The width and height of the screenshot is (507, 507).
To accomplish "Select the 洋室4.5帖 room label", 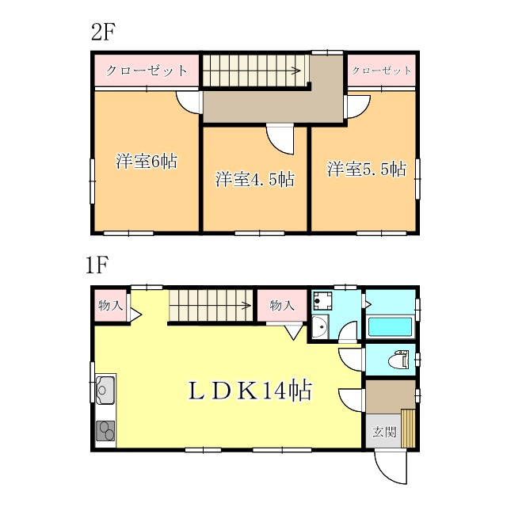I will click(255, 179).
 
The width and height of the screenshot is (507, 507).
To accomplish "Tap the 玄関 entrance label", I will click(383, 432).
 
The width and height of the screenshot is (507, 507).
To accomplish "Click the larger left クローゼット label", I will click(147, 71).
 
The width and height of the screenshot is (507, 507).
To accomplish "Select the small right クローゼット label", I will click(382, 71).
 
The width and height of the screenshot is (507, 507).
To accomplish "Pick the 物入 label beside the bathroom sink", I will click(281, 305).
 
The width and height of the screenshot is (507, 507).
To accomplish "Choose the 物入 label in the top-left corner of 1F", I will click(110, 305).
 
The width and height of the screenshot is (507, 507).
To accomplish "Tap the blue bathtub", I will click(388, 326).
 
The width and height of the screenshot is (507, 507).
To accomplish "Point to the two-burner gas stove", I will click(106, 431).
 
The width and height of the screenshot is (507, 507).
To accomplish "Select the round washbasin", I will click(318, 326).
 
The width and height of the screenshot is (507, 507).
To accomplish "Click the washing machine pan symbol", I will click(322, 300).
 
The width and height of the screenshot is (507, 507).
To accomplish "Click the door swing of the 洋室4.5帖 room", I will click(281, 140).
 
